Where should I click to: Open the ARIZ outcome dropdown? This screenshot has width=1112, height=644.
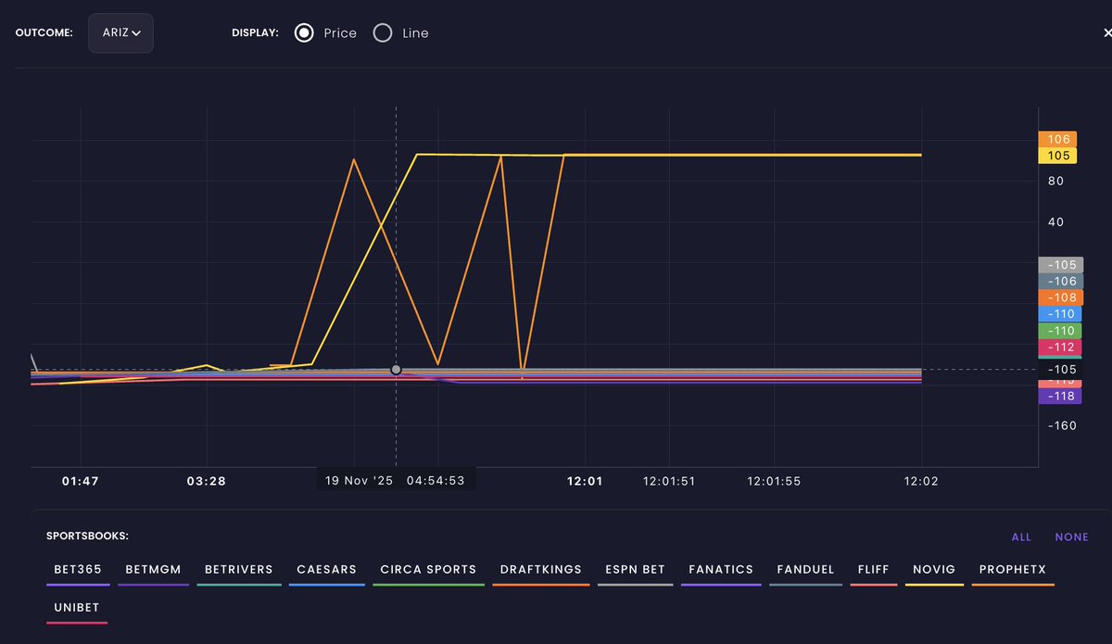[120, 32]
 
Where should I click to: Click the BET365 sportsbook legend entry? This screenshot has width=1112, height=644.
[78, 570]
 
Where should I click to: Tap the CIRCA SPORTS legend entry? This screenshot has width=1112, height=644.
[428, 570]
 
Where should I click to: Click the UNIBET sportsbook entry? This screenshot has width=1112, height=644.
[77, 608]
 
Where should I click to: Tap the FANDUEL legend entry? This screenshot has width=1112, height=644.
[805, 570]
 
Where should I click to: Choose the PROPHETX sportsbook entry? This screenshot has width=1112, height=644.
[1012, 570]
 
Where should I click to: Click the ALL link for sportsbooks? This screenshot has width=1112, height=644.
[1021, 537]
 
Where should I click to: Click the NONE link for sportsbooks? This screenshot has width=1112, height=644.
[1071, 537]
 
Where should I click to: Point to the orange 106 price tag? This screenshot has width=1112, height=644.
[1057, 139]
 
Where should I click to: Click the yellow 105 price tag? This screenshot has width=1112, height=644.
[1057, 156]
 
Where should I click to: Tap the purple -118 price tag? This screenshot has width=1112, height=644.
[1060, 397]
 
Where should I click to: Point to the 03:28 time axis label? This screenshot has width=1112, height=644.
[207, 481]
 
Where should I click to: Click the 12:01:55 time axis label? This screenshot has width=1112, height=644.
[774, 481]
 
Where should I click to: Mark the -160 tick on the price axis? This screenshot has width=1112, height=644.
[1061, 426]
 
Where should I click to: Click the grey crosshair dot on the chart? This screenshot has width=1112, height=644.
[397, 370]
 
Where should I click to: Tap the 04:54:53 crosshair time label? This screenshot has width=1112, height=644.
[436, 480]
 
